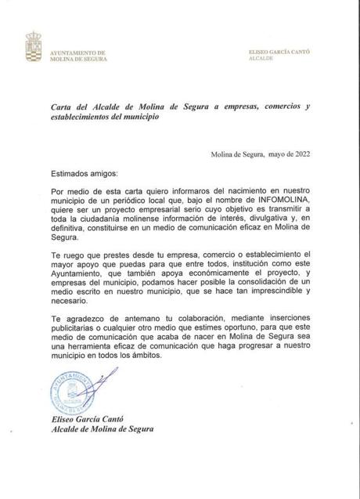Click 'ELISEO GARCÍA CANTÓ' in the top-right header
(x=279, y=52)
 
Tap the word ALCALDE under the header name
(x=261, y=59)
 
